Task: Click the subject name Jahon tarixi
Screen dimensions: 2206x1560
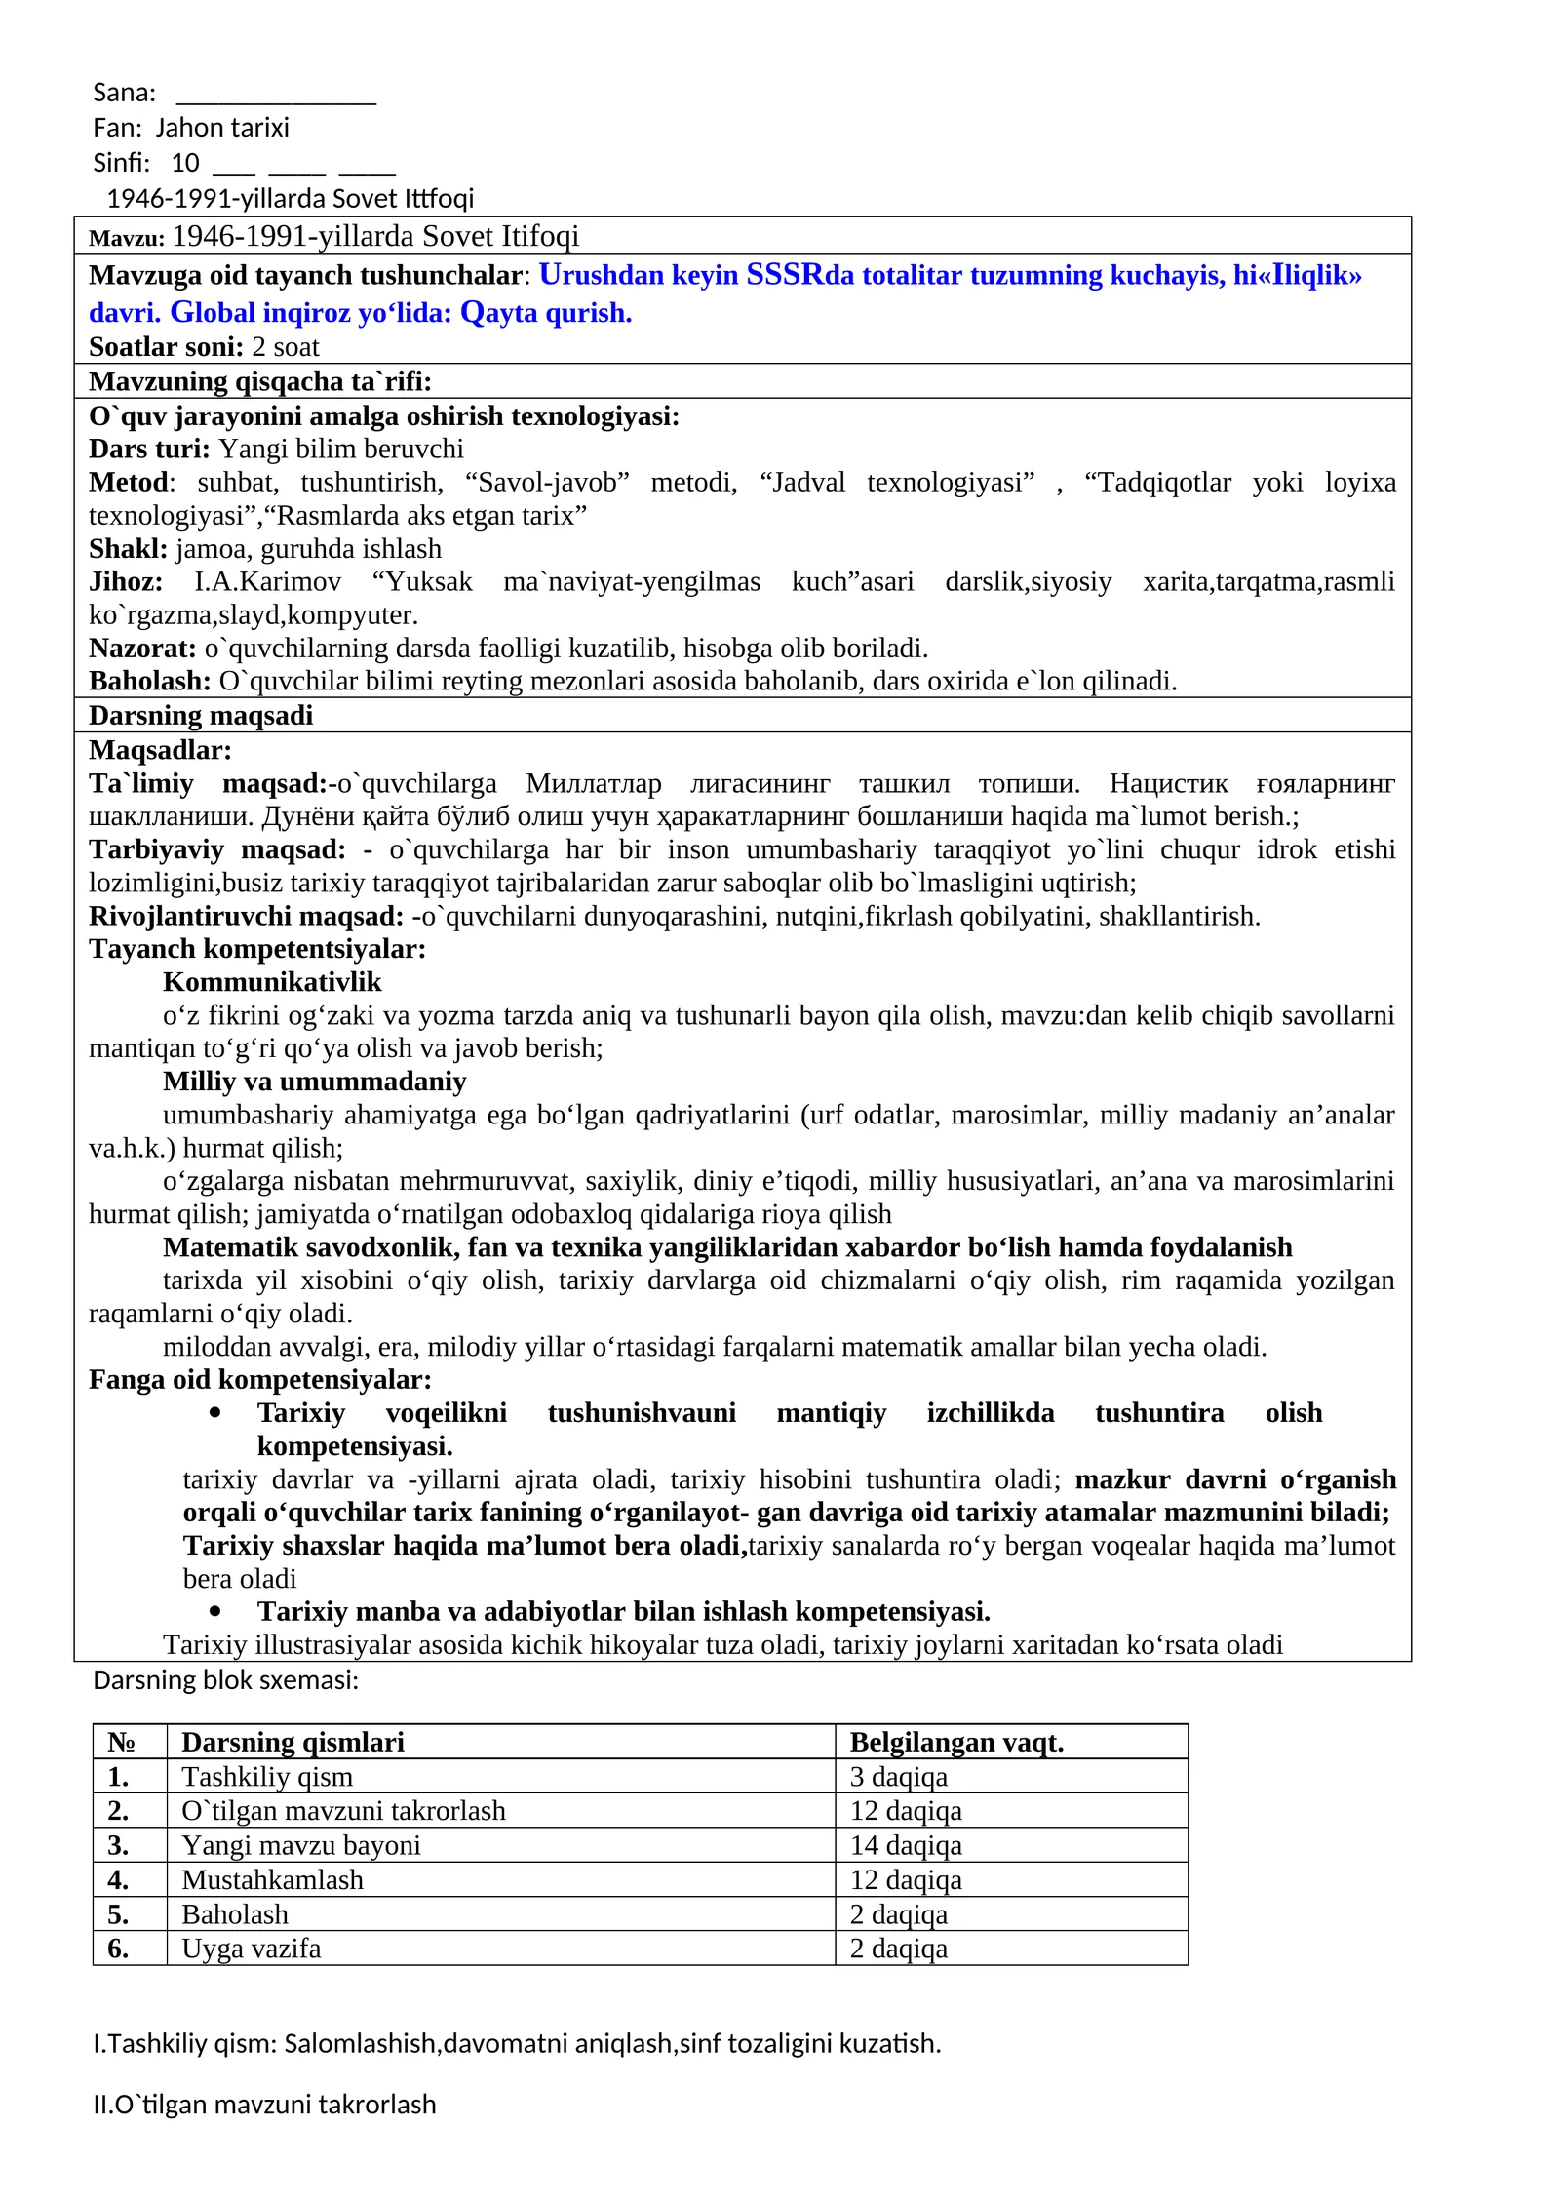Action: pyautogui.click(x=222, y=128)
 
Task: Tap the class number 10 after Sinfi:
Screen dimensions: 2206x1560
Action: pyautogui.click(x=184, y=163)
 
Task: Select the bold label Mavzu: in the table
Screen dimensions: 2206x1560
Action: pyautogui.click(x=127, y=238)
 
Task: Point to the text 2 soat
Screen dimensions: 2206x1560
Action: pyautogui.click(x=285, y=347)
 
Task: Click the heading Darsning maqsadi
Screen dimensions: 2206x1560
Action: pyautogui.click(x=201, y=715)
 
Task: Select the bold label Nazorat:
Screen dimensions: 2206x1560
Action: pyautogui.click(x=142, y=648)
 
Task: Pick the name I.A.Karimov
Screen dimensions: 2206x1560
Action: pyautogui.click(x=268, y=581)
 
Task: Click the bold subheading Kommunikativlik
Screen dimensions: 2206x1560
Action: pyautogui.click(x=272, y=982)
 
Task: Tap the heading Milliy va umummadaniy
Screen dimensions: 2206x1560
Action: pyautogui.click(x=314, y=1082)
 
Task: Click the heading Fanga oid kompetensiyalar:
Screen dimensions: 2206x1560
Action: pyautogui.click(x=259, y=1380)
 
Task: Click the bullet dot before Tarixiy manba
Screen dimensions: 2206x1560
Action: pyautogui.click(x=215, y=1612)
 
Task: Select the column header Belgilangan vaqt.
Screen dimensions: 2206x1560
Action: pyautogui.click(x=956, y=1742)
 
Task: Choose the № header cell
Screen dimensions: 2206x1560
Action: pyautogui.click(x=121, y=1742)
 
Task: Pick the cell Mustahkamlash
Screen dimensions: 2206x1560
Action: pyautogui.click(x=272, y=1879)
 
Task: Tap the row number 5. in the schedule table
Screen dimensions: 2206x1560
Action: pyautogui.click(x=118, y=1914)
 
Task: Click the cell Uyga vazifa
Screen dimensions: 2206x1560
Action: pyautogui.click(x=251, y=1949)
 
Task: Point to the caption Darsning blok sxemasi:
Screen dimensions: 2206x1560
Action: pyautogui.click(x=225, y=1680)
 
